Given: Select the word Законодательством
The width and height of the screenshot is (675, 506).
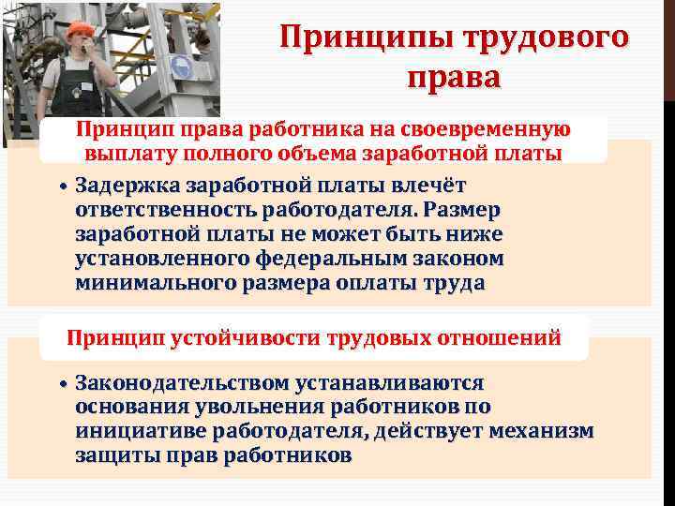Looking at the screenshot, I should pos(184,383).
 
